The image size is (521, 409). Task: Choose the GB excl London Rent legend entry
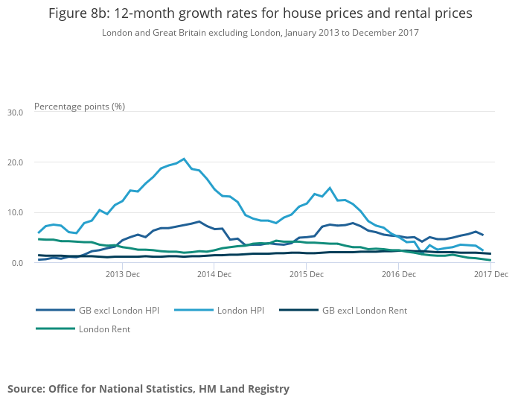365,310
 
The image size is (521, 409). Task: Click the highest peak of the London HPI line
184,159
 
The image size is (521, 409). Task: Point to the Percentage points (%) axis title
80,107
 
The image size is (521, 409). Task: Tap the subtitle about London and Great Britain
260,33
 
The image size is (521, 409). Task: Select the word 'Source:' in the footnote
26,389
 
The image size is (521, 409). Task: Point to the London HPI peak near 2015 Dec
330,188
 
